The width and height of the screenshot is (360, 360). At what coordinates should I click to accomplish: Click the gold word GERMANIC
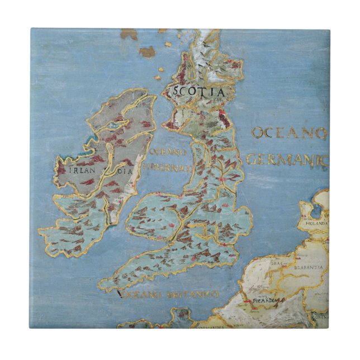tap(286, 160)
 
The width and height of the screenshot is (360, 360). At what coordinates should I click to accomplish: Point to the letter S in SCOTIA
tap(175, 91)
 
